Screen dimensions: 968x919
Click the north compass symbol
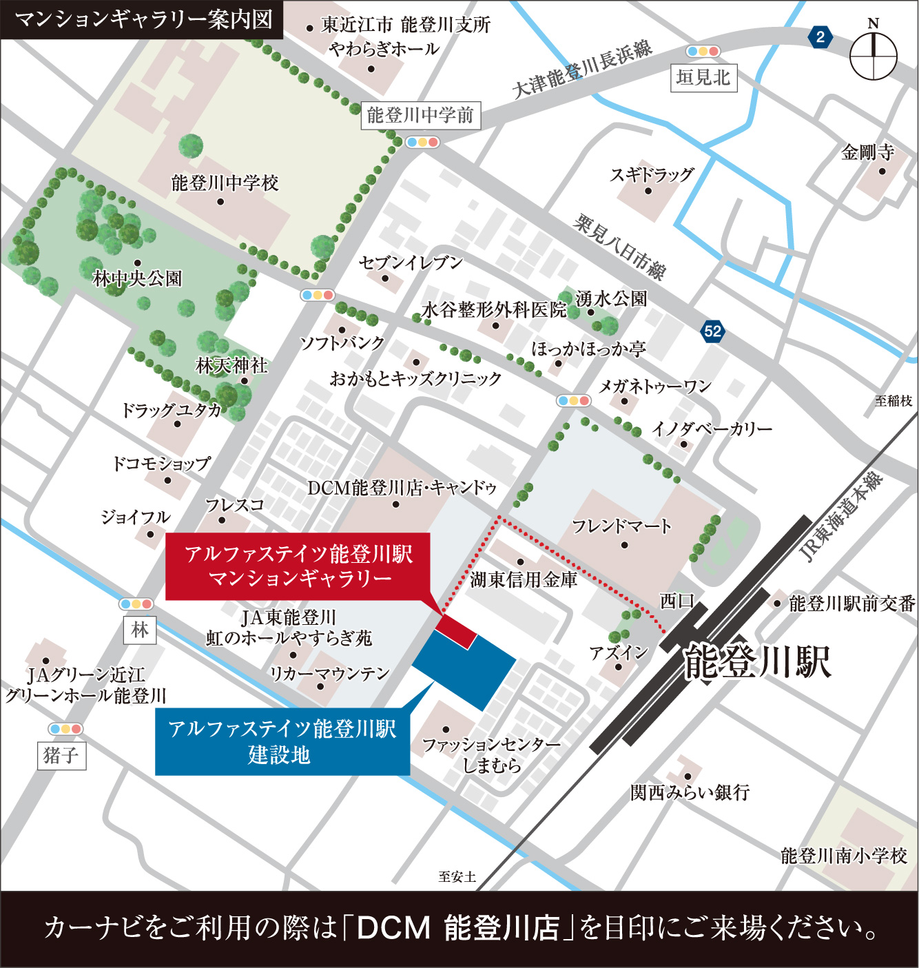pos(873,55)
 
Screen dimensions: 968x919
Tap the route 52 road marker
pos(712,331)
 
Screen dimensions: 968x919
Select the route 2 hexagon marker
pos(820,37)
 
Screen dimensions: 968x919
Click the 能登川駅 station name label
pos(758,662)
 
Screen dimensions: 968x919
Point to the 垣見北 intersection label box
pos(703,77)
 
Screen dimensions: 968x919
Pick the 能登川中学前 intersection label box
pos(420,115)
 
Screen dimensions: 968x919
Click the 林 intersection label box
pos(140,630)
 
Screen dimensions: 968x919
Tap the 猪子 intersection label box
pos(61,756)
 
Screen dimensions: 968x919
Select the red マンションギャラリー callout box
pos(298,566)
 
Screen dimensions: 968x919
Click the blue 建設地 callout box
pos(282,741)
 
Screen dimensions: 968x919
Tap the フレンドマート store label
pos(621,527)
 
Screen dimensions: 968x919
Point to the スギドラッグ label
pos(651,174)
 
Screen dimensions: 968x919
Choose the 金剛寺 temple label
pos(867,152)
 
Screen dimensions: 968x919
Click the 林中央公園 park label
pos(137,278)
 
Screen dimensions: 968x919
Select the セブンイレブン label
pos(411,262)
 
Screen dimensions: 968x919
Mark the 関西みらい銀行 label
pos(690,792)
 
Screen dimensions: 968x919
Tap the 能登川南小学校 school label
pos(844,856)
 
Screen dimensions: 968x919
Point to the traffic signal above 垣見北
pos(703,52)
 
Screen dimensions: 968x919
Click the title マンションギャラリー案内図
pos(143,19)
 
